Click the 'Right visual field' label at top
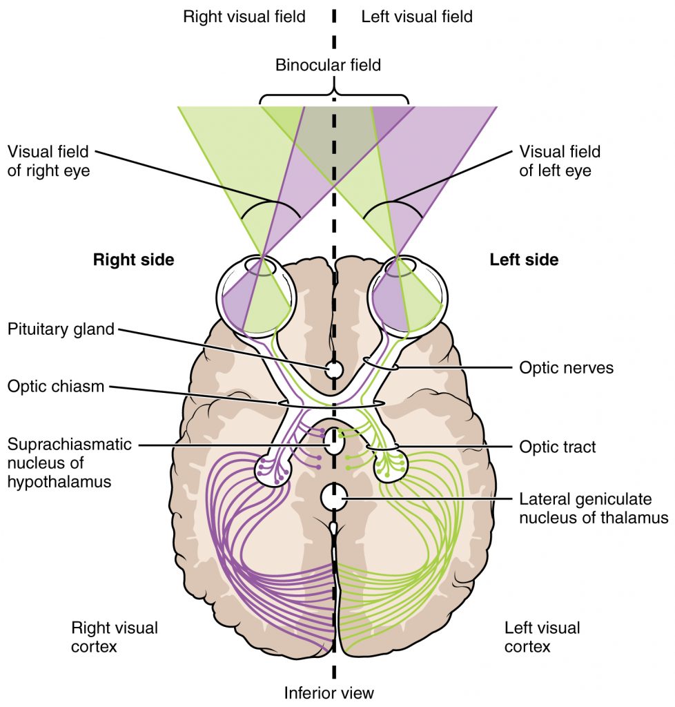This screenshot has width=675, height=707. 244,17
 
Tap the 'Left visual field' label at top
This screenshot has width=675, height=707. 417,17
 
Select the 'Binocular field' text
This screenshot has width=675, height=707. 328,66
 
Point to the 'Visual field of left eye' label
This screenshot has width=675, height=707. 560,161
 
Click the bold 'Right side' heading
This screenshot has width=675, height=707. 133,260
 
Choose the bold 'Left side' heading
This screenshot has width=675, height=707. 524,260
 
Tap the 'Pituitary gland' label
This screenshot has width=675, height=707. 61,329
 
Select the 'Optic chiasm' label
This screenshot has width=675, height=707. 56,386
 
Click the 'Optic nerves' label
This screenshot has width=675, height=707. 566,368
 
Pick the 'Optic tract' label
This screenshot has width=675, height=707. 557,447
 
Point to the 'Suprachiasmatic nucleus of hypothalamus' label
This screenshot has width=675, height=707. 69,463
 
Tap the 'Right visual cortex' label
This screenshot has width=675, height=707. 115,637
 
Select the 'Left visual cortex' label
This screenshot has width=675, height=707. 542,637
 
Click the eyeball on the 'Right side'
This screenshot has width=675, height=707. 256,293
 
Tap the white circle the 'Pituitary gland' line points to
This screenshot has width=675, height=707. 334,371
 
